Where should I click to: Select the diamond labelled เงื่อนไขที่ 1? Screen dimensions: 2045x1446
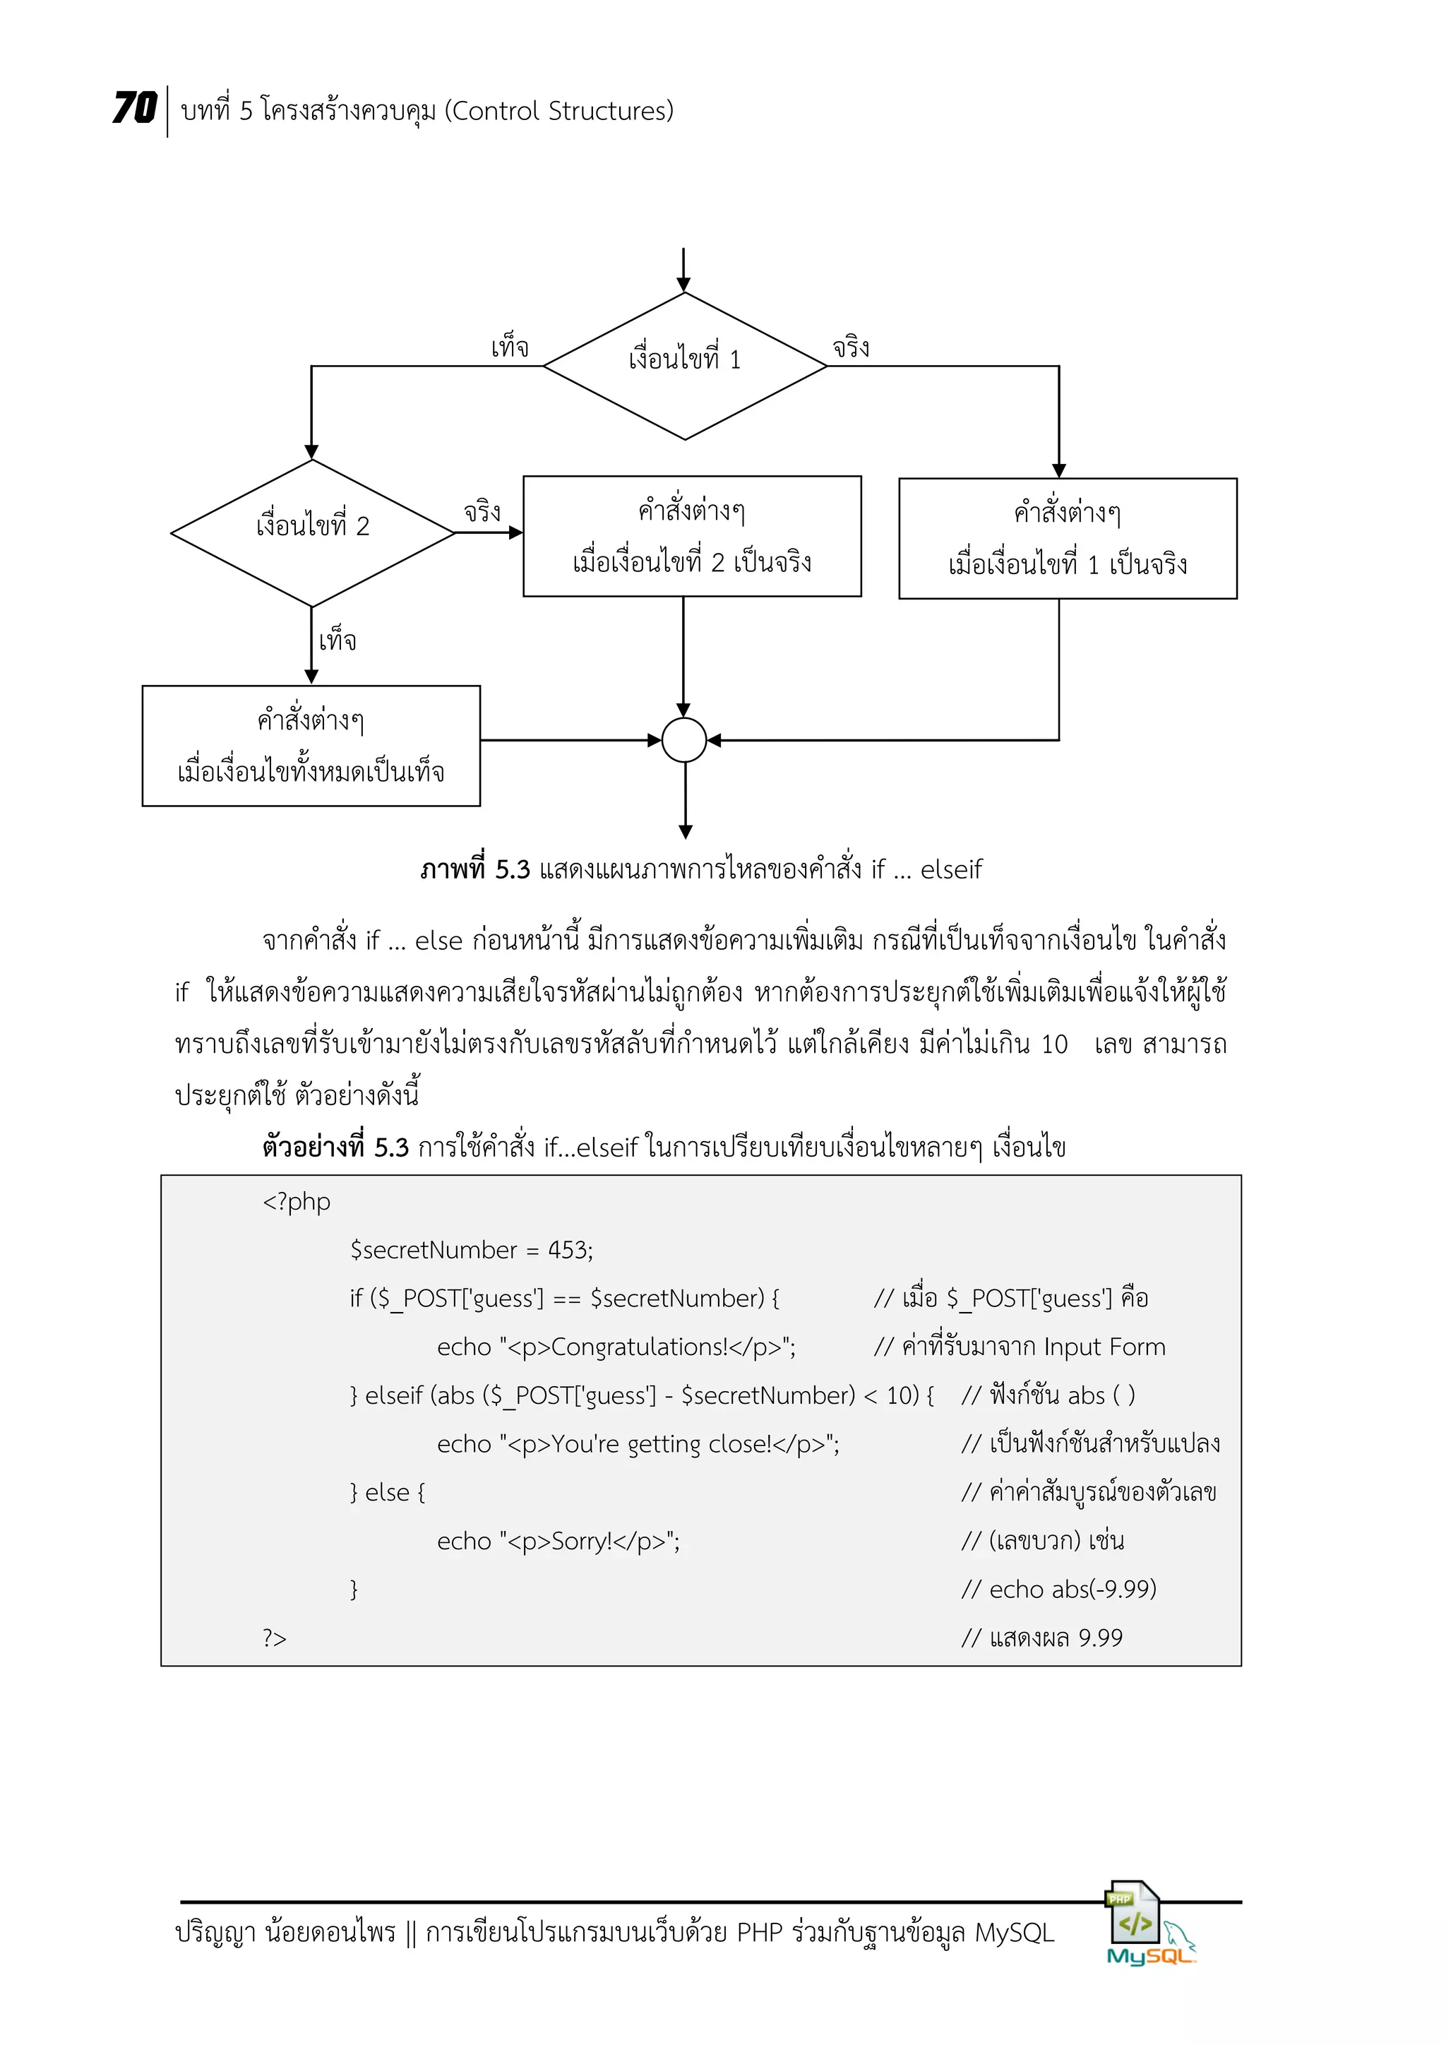click(x=685, y=366)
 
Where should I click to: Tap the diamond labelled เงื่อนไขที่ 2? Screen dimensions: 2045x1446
click(x=313, y=532)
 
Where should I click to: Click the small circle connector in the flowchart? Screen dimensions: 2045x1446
click(x=685, y=740)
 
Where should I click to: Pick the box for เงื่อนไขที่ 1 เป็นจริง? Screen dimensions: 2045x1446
click(x=1068, y=539)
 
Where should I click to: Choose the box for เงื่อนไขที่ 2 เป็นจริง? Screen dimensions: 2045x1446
click(x=692, y=536)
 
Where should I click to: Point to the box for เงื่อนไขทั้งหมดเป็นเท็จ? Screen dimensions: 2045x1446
click(x=311, y=746)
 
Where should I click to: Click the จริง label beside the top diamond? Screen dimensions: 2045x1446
click(x=852, y=347)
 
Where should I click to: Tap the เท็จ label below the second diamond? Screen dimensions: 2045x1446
click(x=337, y=640)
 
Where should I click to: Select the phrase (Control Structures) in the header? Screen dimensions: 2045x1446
click(x=559, y=112)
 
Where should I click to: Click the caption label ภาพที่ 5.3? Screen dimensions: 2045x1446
click(x=475, y=869)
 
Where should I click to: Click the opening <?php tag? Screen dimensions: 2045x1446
click(x=297, y=1203)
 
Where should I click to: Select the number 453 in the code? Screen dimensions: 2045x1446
click(x=566, y=1251)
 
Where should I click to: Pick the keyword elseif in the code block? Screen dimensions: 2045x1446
click(x=393, y=1395)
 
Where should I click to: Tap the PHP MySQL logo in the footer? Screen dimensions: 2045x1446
click(x=1147, y=1924)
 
